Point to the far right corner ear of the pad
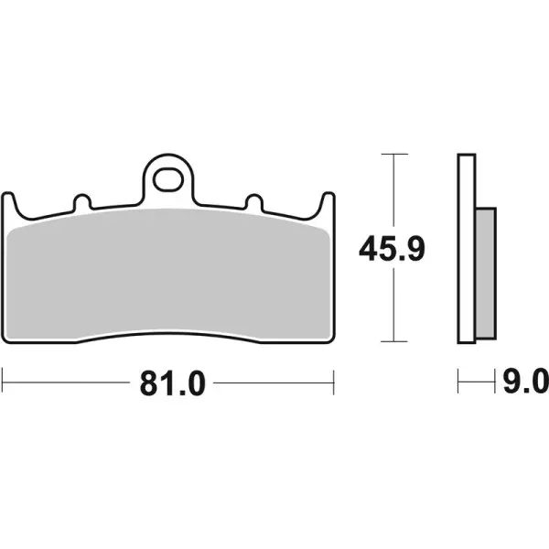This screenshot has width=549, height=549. pos(328,203)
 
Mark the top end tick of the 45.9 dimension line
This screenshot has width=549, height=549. pos(393,155)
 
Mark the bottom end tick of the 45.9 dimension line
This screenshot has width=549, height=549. pos(393,340)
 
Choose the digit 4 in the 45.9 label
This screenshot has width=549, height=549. pos(368,247)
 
